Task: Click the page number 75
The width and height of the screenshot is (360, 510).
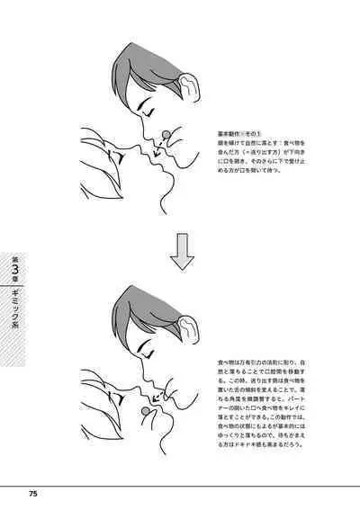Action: point(31,494)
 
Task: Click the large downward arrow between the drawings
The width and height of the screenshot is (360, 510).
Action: point(183,254)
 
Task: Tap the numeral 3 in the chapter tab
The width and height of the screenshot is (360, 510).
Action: point(14,267)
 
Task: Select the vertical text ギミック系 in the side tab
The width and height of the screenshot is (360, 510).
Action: point(14,309)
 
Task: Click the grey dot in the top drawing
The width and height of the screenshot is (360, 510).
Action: point(166,137)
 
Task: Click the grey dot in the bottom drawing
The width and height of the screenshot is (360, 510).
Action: point(143,411)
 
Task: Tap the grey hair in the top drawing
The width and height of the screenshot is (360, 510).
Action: point(148,67)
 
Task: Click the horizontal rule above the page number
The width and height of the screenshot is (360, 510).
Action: point(180,485)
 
